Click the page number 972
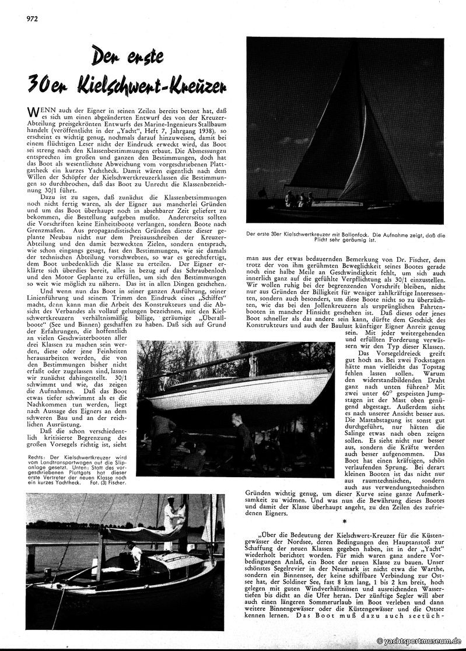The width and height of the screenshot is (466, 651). [31, 17]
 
